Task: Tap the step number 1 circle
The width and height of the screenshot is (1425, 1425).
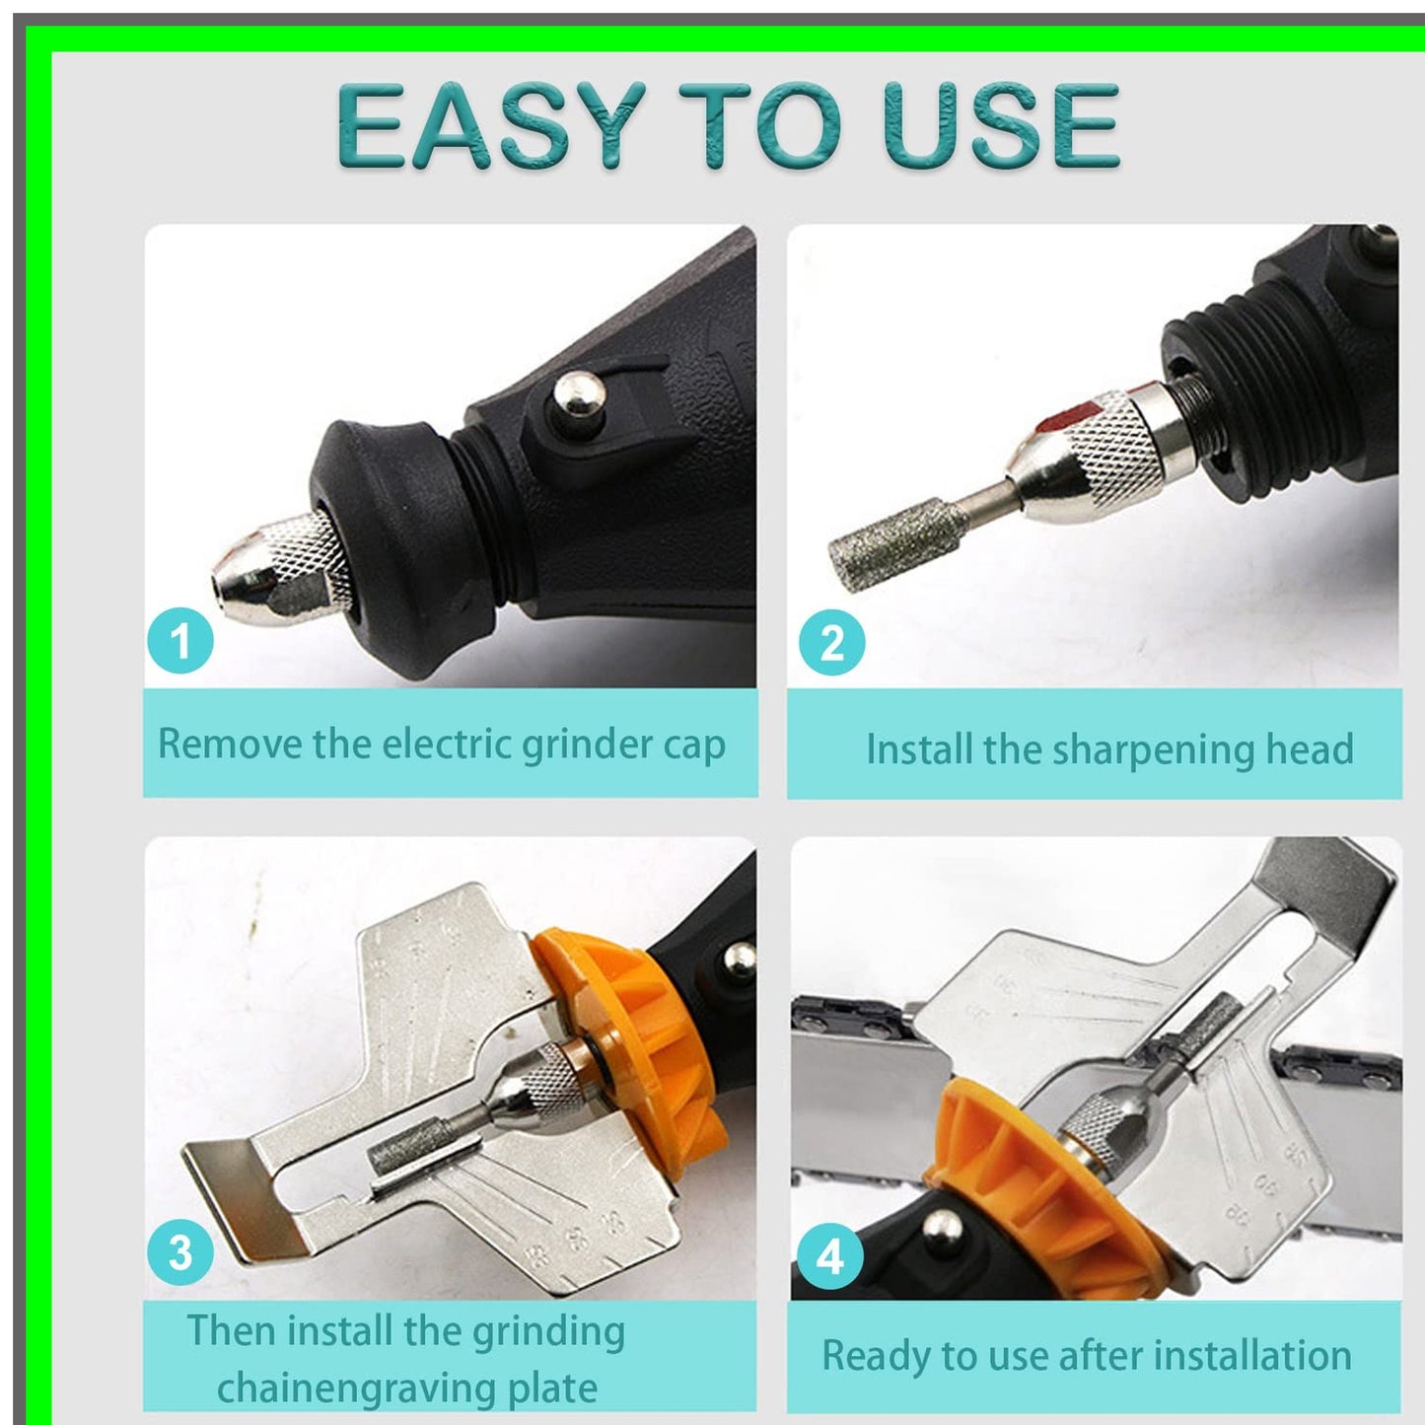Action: pyautogui.click(x=180, y=642)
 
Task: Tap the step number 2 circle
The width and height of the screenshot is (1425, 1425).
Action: pyautogui.click(x=831, y=643)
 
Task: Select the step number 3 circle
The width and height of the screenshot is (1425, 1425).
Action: pyautogui.click(x=179, y=1252)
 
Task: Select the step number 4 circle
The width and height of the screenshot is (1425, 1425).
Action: pyautogui.click(x=830, y=1257)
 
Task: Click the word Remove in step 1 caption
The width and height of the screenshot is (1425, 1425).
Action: pyautogui.click(x=230, y=744)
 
